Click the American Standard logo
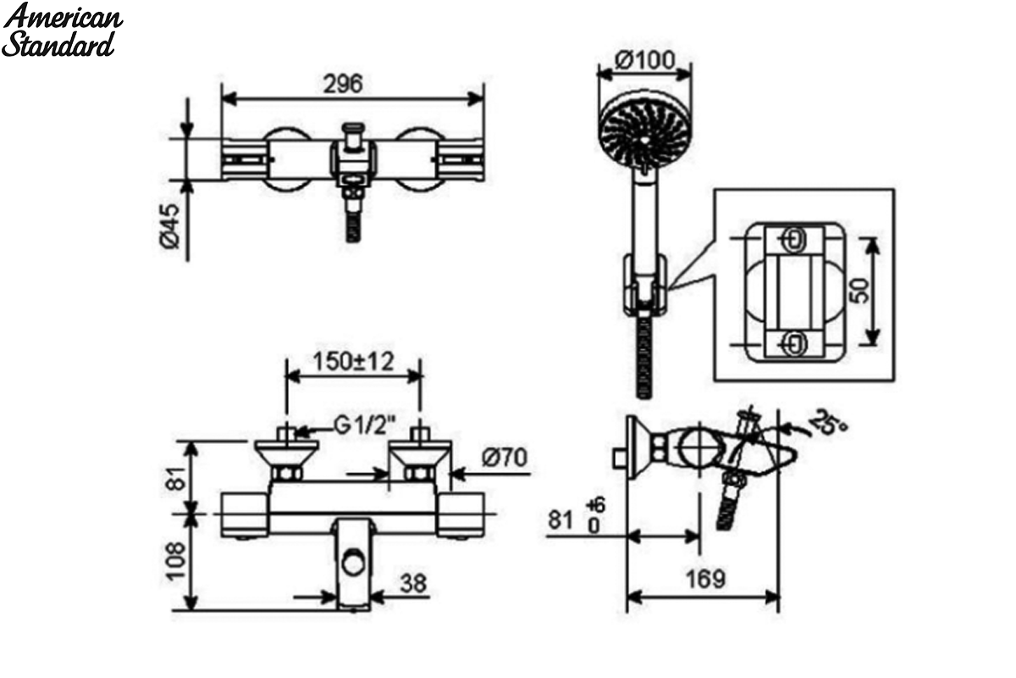(x=62, y=30)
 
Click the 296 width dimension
(x=343, y=84)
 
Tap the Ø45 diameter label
(x=170, y=226)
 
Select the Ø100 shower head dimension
(x=645, y=60)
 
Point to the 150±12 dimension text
(x=354, y=362)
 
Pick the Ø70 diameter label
(x=505, y=458)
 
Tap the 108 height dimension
(x=176, y=561)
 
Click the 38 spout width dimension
(x=413, y=584)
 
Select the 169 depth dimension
(x=705, y=579)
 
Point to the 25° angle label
(x=829, y=423)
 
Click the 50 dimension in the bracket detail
(x=860, y=291)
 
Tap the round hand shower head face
(x=645, y=135)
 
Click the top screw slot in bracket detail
(x=795, y=239)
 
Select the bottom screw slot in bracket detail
(x=795, y=343)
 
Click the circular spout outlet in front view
(x=353, y=564)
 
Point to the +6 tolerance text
(x=595, y=504)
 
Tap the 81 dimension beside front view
(x=179, y=478)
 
